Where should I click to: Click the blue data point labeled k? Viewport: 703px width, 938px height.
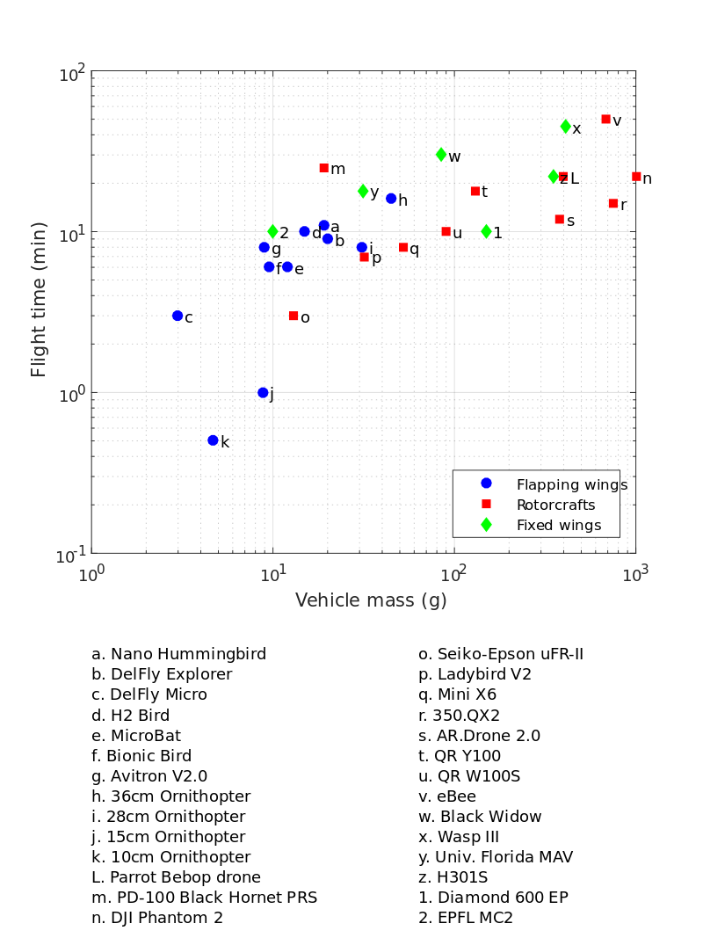click(x=213, y=440)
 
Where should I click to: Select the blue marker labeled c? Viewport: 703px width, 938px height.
click(x=178, y=316)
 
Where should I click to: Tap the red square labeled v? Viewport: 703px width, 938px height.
click(x=605, y=120)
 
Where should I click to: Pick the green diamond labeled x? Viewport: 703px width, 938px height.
click(x=566, y=127)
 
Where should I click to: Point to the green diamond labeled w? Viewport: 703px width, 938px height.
click(x=441, y=155)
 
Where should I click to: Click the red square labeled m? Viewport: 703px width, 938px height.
click(x=323, y=168)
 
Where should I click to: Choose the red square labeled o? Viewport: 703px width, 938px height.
click(x=294, y=316)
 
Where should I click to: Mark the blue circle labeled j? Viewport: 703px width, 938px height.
click(x=263, y=393)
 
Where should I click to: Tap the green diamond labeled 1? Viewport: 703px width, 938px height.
click(x=486, y=232)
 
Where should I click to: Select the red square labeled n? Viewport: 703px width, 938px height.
click(x=636, y=177)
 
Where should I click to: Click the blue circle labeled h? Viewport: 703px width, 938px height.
click(x=391, y=199)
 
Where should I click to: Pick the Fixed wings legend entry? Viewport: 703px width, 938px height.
click(x=558, y=525)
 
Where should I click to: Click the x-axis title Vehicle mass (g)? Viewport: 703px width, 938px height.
click(x=371, y=600)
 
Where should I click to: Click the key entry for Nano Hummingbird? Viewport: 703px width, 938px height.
click(x=179, y=654)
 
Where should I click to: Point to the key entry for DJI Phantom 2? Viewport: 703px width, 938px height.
click(x=157, y=918)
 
